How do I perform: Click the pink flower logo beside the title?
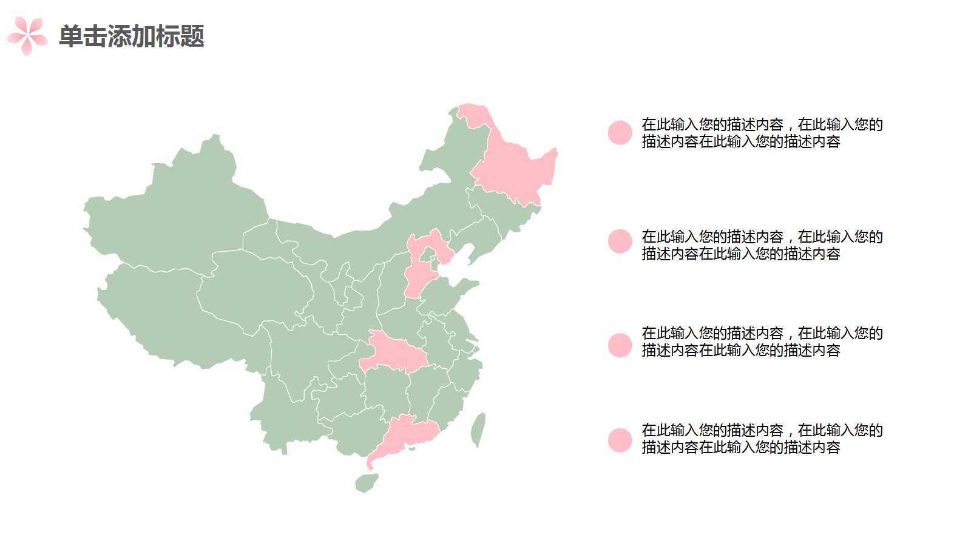[x=27, y=36]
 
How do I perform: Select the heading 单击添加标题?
[x=132, y=36]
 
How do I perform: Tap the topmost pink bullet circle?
[x=620, y=132]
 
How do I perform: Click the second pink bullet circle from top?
[x=620, y=241]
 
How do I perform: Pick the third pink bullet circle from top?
[x=620, y=345]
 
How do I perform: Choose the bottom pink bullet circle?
[x=620, y=440]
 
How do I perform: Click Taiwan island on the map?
[x=478, y=429]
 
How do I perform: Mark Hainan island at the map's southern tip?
[x=366, y=483]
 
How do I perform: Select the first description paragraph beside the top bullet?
[x=762, y=133]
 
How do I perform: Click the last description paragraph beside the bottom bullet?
[x=762, y=439]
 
